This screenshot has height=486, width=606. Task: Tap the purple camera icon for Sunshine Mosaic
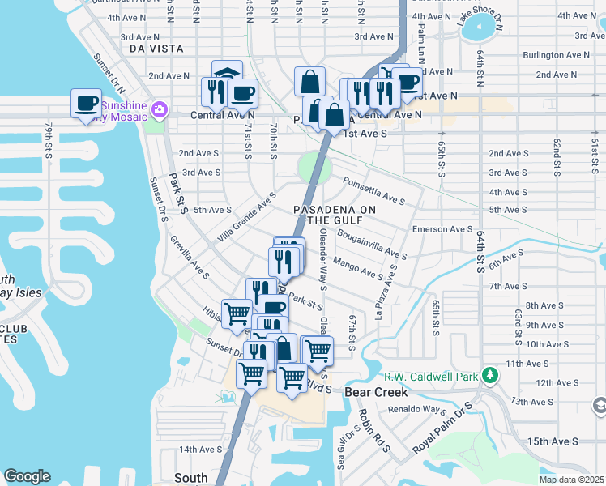pos(159,109)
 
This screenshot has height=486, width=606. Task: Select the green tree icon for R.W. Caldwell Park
pos(489,375)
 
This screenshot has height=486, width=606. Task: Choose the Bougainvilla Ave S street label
pos(374,243)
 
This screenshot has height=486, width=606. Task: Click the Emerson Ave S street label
pos(442,229)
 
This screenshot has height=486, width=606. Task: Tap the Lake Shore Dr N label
pos(480,25)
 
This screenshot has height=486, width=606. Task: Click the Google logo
pos(27,476)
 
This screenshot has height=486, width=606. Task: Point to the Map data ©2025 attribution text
pos(571,480)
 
